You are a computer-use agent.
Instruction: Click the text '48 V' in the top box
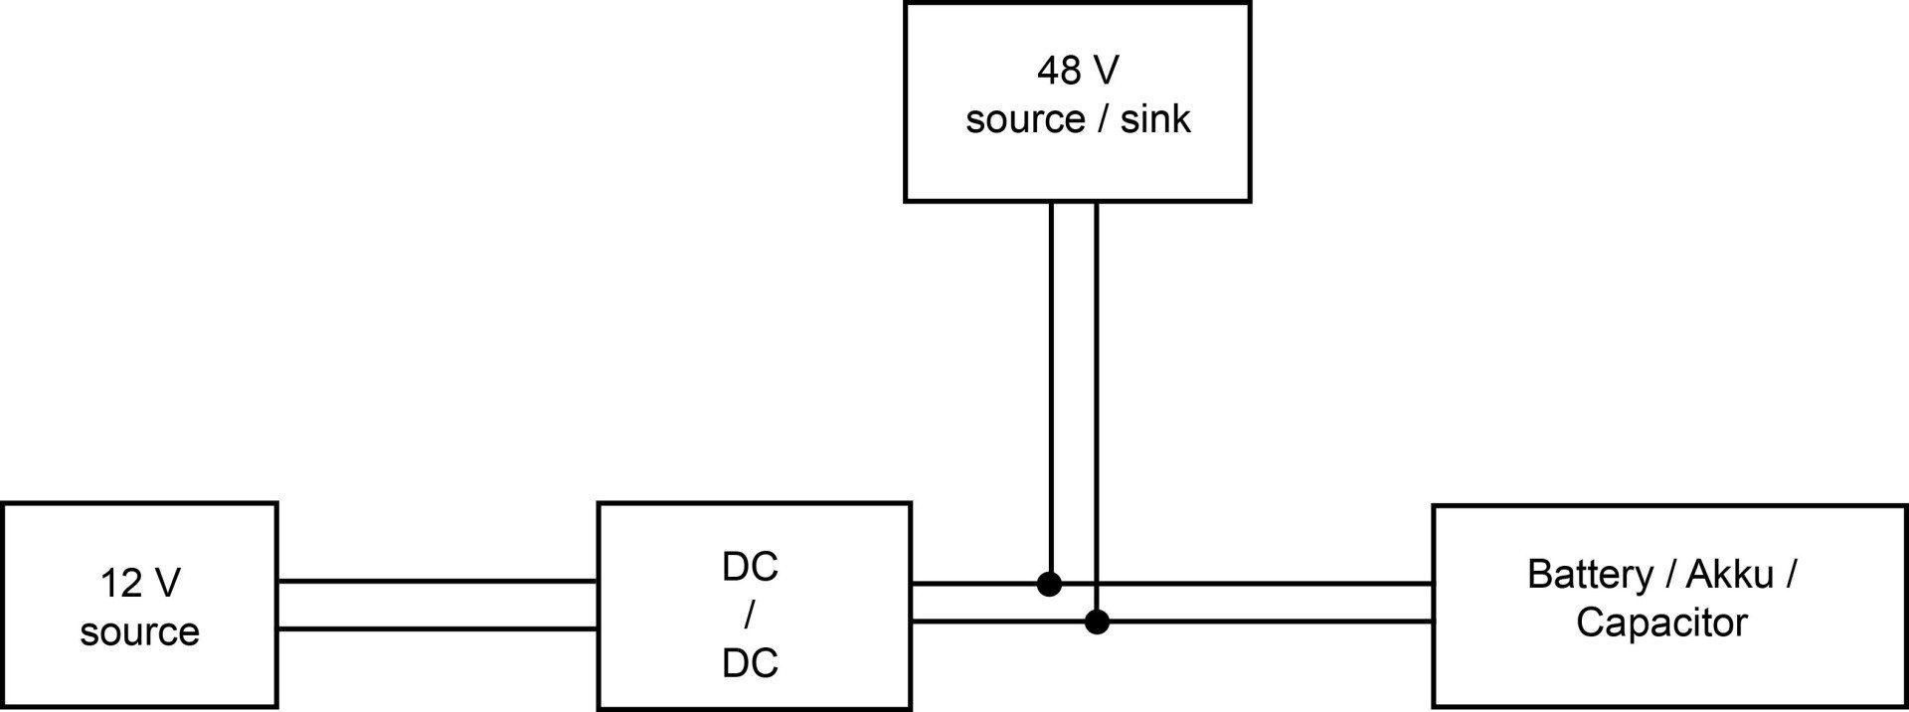point(1077,71)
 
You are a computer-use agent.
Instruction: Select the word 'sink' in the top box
point(1154,119)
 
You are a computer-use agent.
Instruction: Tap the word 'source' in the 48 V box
point(1025,119)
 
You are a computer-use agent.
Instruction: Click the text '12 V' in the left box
point(139,584)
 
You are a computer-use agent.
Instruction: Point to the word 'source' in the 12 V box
point(139,632)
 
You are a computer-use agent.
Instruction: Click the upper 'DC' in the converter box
point(750,567)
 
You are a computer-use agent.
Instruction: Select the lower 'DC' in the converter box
point(750,663)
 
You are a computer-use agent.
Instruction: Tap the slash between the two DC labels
point(749,616)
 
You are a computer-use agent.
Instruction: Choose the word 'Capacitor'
point(1660,623)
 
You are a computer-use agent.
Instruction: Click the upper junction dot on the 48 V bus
point(1049,584)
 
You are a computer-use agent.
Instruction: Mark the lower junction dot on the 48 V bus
point(1097,623)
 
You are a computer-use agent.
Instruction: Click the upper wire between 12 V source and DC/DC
point(437,581)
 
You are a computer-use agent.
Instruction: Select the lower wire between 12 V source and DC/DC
point(437,628)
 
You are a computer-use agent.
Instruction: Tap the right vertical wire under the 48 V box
point(1097,398)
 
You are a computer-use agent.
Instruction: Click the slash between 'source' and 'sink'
point(1103,119)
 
